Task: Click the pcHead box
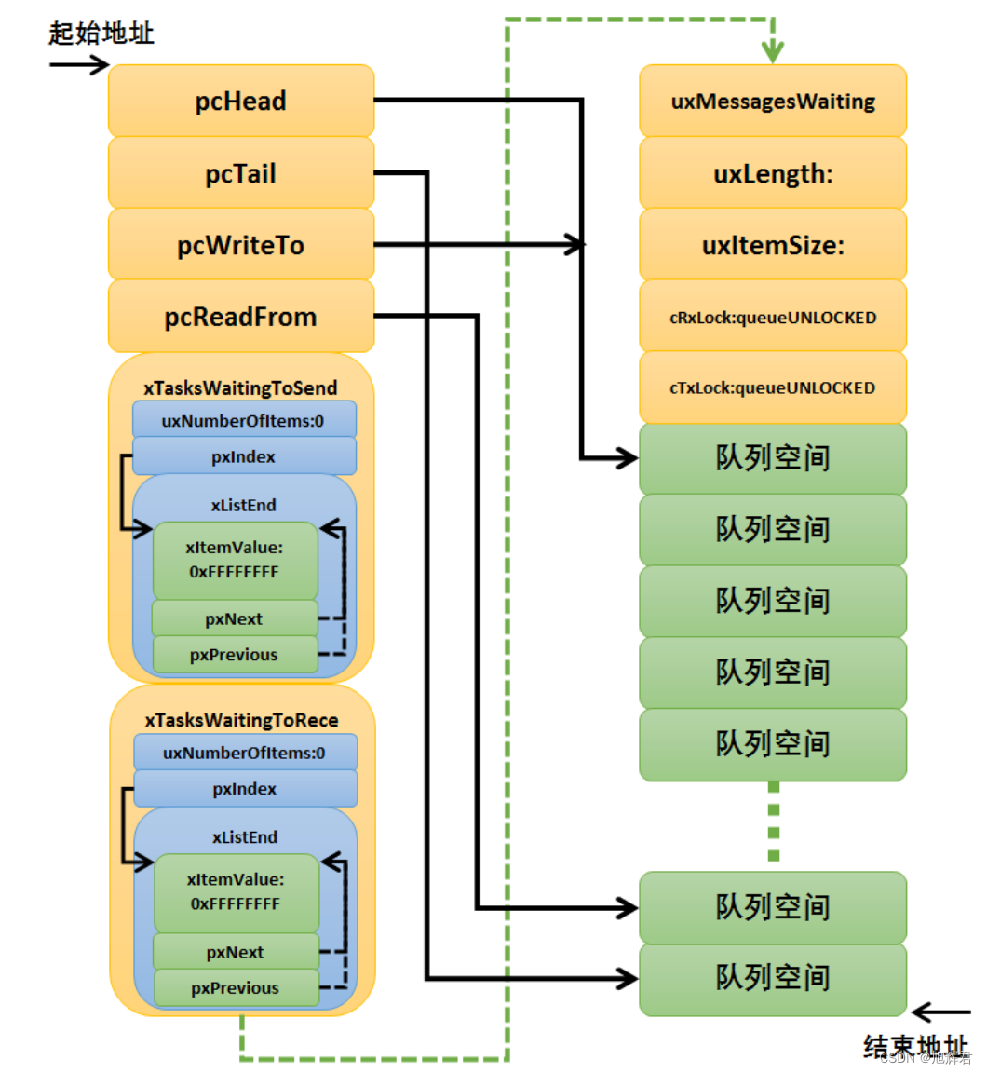241,102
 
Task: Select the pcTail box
241,173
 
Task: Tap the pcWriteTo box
241,245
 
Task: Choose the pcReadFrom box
241,317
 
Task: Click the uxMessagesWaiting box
773,102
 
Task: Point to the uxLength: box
773,173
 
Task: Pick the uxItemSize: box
773,245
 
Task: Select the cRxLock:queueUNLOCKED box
773,317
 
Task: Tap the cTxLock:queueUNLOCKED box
773,387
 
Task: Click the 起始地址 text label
101,34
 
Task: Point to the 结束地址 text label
915,1047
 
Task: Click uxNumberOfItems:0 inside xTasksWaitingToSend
244,420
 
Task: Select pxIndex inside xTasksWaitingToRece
246,789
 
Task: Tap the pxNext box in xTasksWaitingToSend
235,619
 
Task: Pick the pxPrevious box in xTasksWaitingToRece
236,988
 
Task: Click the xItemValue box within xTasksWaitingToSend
235,560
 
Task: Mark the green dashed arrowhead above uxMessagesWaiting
773,50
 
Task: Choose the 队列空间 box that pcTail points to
773,978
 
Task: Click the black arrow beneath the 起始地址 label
79,65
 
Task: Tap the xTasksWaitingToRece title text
242,720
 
